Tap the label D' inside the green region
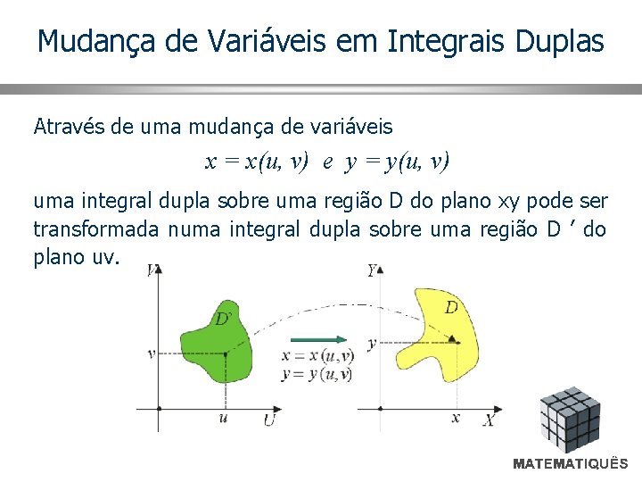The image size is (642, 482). coord(224,318)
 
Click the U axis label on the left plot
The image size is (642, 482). coord(268,420)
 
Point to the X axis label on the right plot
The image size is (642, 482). coord(489,420)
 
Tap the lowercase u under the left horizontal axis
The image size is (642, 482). coord(223,418)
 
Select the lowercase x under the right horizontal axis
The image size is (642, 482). coord(456,418)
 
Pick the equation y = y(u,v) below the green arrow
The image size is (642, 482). coord(317,374)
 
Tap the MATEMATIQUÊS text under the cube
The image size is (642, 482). coord(570,464)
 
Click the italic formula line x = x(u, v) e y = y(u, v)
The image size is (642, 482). coord(327,162)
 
